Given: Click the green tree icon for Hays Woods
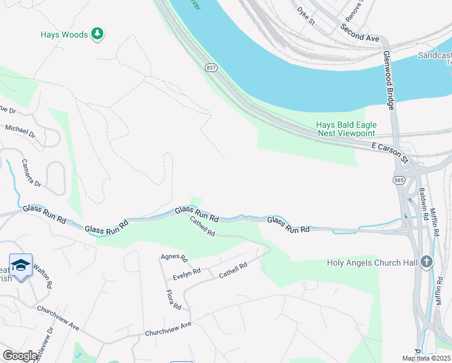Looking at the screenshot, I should pos(97,34).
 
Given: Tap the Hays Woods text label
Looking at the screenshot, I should pos(64,35).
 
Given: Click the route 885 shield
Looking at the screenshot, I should pos(398,180).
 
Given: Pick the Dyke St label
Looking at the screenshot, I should pos(306,15).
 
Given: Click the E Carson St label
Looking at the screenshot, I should pos(390,152).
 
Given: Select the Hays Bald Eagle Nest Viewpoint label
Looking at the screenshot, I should pos(346,129).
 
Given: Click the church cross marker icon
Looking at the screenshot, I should pos(427,262).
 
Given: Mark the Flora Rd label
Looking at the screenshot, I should pos(173,300).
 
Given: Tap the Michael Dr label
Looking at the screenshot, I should pos(20,130).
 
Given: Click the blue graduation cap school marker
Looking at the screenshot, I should pos(21,266).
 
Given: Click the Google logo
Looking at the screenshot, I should pos(20,356).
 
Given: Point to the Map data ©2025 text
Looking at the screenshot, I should pos(426,358).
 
